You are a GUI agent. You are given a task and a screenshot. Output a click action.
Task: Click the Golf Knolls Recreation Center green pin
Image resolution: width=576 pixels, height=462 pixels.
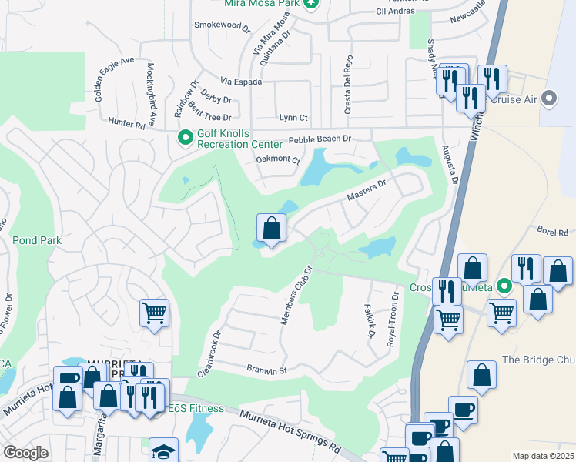pyautogui.click(x=185, y=138)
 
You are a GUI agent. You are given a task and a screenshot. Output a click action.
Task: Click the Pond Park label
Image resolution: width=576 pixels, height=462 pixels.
pyautogui.click(x=36, y=240)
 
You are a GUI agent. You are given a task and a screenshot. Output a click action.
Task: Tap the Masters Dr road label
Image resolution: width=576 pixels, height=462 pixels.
pyautogui.click(x=366, y=189)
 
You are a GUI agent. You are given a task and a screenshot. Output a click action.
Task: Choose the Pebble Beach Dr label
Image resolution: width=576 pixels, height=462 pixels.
pyautogui.click(x=320, y=139)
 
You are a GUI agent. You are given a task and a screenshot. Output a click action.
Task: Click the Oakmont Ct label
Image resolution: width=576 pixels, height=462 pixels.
pyautogui.click(x=277, y=159)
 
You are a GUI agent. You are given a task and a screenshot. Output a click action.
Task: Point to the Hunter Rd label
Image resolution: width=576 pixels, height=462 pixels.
pyautogui.click(x=126, y=124)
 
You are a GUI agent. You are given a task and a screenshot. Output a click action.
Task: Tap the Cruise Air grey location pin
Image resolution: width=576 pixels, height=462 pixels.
pyautogui.click(x=549, y=99)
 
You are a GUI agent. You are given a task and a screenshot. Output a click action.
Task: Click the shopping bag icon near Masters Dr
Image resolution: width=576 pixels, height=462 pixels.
pyautogui.click(x=271, y=228)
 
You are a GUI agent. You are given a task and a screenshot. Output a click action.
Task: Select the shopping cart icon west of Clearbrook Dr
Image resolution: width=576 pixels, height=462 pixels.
pyautogui.click(x=154, y=313)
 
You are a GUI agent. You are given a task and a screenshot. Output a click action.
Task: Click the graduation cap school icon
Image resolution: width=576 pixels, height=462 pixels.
pyautogui.click(x=164, y=451)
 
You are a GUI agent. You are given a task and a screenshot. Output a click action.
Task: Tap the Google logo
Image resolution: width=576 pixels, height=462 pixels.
pyautogui.click(x=26, y=453)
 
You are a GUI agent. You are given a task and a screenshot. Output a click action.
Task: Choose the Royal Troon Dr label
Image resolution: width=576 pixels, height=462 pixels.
pyautogui.click(x=394, y=317)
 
